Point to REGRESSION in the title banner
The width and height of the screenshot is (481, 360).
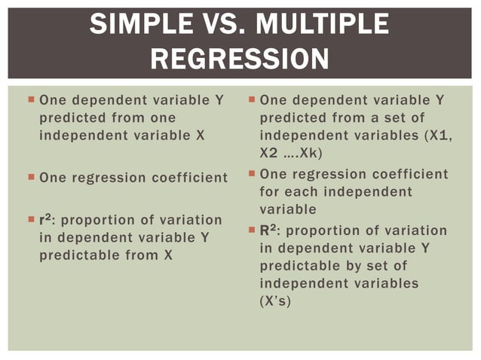pos(240,59)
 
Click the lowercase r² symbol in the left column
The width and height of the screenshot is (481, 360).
pos(44,220)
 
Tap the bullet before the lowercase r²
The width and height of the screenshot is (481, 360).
pos(30,220)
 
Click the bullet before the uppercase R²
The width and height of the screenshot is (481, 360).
pos(251,230)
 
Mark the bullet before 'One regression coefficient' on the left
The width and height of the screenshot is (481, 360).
pos(30,178)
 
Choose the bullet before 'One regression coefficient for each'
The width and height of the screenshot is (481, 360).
pos(251,174)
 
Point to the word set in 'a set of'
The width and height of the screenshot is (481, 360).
pos(394,118)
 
